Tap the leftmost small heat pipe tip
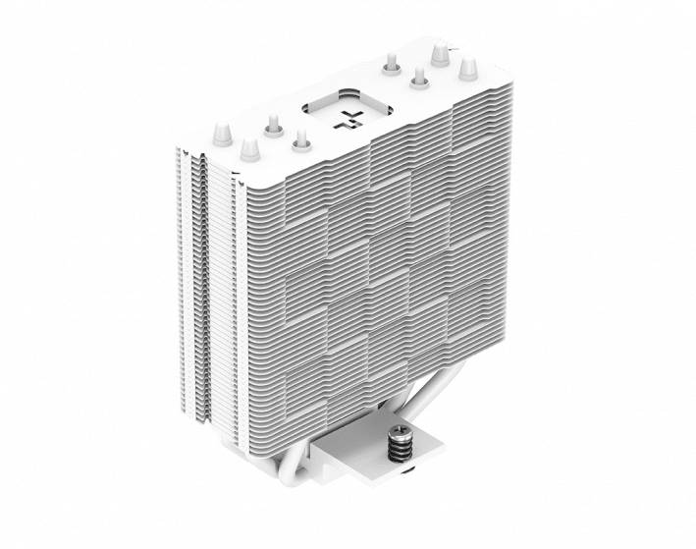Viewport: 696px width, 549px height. coord(271,129)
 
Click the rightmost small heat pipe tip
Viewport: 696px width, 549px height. coord(420,75)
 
